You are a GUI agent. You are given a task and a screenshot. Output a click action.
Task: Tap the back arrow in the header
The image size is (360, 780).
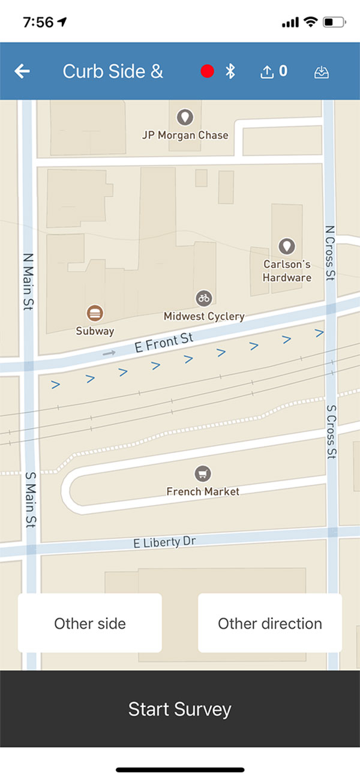click(x=22, y=71)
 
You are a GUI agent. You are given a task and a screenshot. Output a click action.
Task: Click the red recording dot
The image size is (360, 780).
click(x=208, y=71)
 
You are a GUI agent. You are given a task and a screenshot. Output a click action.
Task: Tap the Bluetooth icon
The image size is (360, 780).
click(x=230, y=71)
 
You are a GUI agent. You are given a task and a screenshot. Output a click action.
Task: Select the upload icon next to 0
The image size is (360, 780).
click(x=266, y=72)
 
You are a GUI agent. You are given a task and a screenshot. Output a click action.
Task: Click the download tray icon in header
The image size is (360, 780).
click(x=322, y=72)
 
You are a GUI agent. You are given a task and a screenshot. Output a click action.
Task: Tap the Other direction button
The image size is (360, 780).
click(x=270, y=623)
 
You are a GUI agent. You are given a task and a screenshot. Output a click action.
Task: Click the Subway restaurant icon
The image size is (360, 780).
click(x=95, y=313)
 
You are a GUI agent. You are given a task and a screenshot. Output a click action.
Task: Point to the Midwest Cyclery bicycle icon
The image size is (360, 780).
click(x=204, y=298)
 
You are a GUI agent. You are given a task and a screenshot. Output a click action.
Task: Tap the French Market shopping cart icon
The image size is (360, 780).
click(x=203, y=474)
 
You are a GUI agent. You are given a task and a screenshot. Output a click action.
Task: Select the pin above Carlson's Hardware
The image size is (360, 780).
click(x=287, y=246)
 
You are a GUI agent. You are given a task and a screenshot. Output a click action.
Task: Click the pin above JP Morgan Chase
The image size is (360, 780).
click(x=185, y=117)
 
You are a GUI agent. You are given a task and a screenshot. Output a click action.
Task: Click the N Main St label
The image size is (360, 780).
click(x=28, y=281)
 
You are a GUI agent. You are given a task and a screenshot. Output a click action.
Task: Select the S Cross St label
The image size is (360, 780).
click(x=331, y=432)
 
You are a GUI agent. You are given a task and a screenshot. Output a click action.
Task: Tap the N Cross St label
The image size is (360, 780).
click(x=329, y=253)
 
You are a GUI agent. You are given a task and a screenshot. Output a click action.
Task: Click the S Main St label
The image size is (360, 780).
click(x=30, y=499)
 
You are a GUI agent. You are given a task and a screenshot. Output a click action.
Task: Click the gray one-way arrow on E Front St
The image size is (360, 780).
click(x=109, y=353)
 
